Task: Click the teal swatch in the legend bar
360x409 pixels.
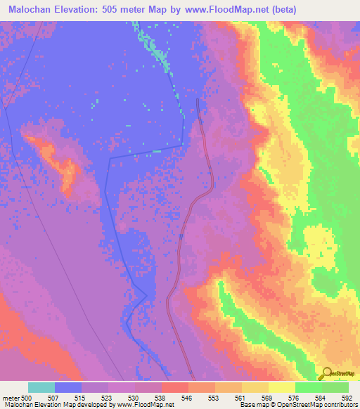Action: (x=41, y=387)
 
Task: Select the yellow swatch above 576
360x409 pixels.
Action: (x=281, y=387)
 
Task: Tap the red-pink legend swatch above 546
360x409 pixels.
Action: (x=174, y=387)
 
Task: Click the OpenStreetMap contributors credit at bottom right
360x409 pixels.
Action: (x=310, y=405)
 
